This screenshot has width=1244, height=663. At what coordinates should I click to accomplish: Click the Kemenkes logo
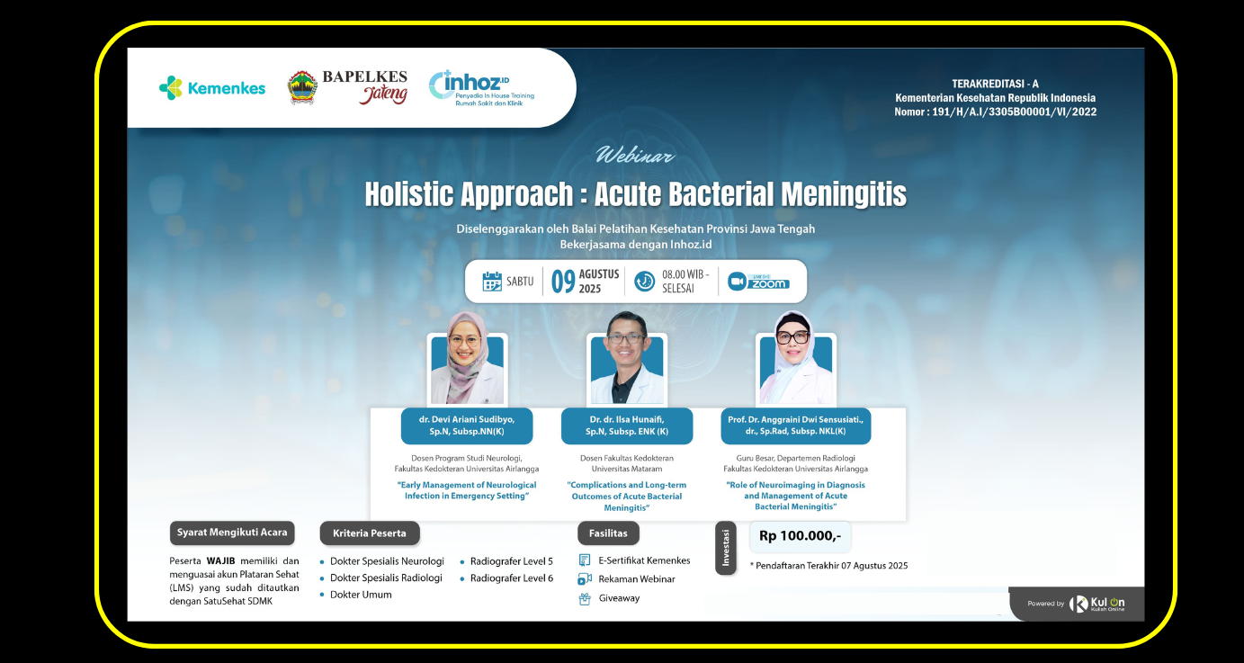click(x=212, y=88)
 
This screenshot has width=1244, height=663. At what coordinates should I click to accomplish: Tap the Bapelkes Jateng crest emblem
click(x=302, y=88)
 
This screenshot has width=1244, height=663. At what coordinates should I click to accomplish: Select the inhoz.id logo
click(x=481, y=88)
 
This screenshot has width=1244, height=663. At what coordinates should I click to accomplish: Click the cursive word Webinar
click(x=635, y=156)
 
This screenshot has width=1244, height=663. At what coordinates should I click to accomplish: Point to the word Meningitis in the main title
click(x=844, y=193)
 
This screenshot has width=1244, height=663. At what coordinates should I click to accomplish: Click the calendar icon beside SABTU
click(x=492, y=282)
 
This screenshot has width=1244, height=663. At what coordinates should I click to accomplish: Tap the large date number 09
click(x=562, y=282)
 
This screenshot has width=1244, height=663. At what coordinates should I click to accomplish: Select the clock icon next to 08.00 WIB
click(x=644, y=281)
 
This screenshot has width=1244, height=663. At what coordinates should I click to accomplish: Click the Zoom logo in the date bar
click(x=758, y=282)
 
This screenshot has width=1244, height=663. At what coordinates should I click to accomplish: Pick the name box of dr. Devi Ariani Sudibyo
click(x=467, y=426)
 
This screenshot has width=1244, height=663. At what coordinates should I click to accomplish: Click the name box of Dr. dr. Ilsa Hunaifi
click(x=626, y=426)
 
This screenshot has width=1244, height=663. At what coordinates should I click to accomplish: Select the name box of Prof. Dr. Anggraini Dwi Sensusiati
click(x=795, y=426)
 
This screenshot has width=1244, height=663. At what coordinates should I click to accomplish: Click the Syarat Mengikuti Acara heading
click(x=232, y=533)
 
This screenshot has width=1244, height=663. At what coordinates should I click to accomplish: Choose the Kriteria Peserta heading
click(x=370, y=533)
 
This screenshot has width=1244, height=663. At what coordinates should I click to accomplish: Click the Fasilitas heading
click(x=608, y=533)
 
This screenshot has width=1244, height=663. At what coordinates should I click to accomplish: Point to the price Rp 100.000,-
click(x=800, y=536)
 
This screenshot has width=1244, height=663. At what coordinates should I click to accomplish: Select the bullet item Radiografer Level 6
click(x=512, y=578)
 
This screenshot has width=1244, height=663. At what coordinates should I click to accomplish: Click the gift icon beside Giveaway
click(x=585, y=598)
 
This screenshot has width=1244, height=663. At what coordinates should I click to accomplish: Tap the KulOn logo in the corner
click(x=1096, y=604)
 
